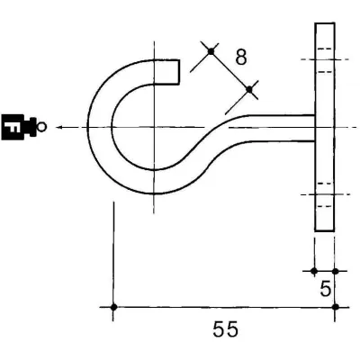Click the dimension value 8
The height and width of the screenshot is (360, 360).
coord(240,56)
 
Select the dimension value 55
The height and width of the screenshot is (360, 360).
coord(225,329)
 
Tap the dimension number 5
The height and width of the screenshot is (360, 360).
coord(326,290)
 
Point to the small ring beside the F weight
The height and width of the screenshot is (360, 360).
coord(42,127)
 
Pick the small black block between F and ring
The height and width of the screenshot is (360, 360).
coord(31,127)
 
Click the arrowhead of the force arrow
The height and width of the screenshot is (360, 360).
coord(58,128)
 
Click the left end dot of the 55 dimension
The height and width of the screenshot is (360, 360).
coord(113,307)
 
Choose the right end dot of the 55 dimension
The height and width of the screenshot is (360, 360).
coord(335,307)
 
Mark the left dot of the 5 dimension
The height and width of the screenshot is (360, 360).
coord(313,270)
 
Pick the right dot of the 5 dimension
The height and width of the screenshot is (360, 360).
coord(335,270)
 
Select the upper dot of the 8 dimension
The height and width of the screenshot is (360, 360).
coord(211,52)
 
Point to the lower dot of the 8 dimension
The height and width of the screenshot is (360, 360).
coord(249,88)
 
